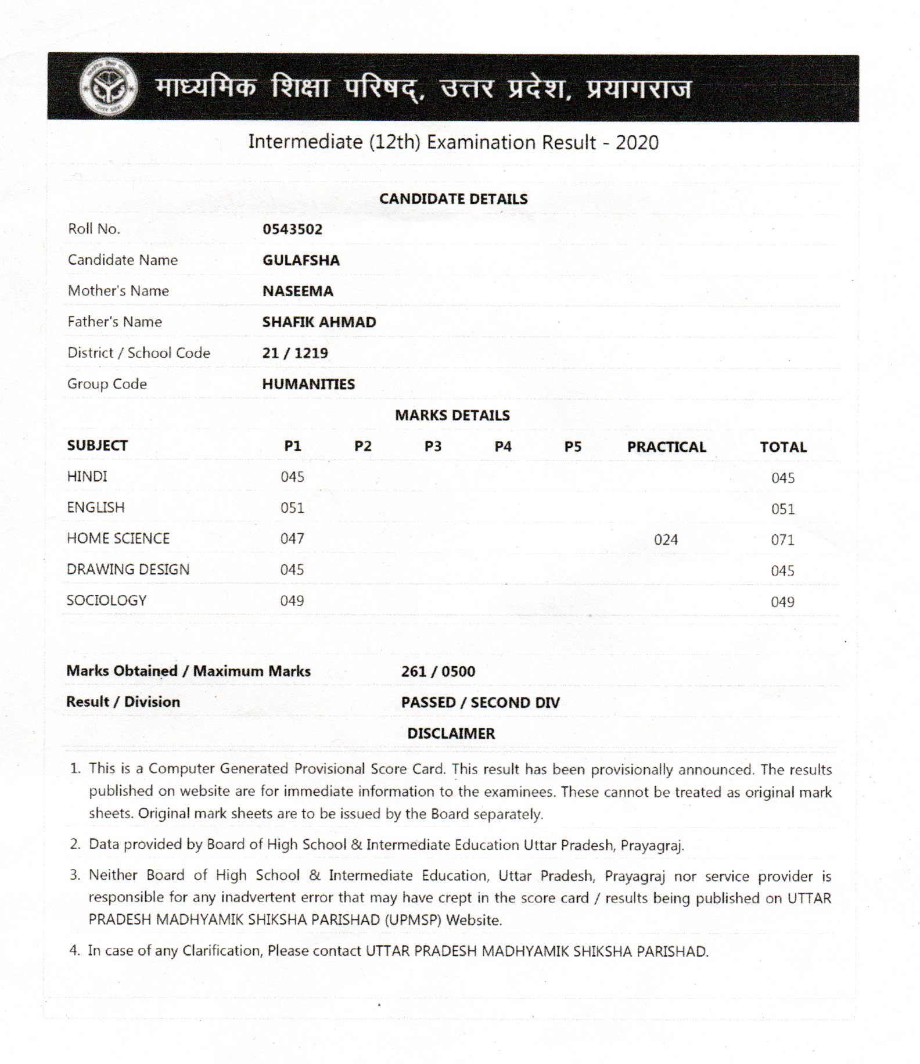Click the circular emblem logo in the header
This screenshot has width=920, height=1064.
pyautogui.click(x=109, y=87)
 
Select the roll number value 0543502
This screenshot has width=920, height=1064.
pyautogui.click(x=292, y=229)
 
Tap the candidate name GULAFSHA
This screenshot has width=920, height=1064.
pyautogui.click(x=301, y=260)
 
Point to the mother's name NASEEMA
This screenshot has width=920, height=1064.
pyautogui.click(x=297, y=291)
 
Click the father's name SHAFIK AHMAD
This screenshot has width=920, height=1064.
pyautogui.click(x=319, y=322)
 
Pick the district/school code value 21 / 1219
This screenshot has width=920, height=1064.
pyautogui.click(x=295, y=353)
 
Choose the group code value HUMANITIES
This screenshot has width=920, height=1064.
pyautogui.click(x=308, y=384)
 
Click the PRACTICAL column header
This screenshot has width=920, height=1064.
pyautogui.click(x=666, y=447)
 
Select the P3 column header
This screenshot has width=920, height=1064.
pyautogui.click(x=433, y=446)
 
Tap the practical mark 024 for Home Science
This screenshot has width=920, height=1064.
pyautogui.click(x=666, y=540)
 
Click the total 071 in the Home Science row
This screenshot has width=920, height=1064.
pyautogui.click(x=782, y=540)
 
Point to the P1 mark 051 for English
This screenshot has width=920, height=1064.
pyautogui.click(x=292, y=508)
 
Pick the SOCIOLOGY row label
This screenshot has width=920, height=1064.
pyautogui.click(x=107, y=601)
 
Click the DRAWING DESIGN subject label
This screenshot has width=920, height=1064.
pyautogui.click(x=128, y=569)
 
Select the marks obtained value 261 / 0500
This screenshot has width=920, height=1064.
pyautogui.click(x=438, y=671)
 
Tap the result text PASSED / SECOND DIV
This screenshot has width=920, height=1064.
pyautogui.click(x=480, y=702)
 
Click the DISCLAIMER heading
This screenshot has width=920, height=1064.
pyautogui.click(x=451, y=734)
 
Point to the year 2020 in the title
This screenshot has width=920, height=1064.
pyautogui.click(x=637, y=142)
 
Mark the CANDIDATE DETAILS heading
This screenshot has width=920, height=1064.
pyautogui.click(x=454, y=199)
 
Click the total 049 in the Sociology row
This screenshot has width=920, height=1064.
pyautogui.click(x=782, y=602)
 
